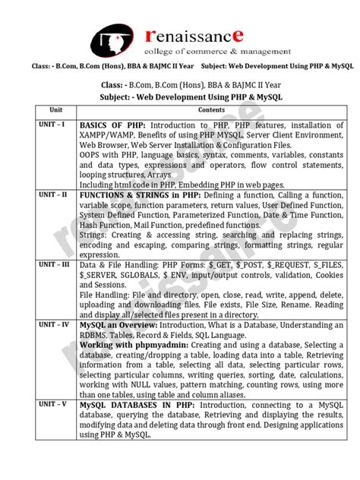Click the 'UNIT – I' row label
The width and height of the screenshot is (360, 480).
pos(47,125)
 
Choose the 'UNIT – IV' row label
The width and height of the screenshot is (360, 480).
pos(49,324)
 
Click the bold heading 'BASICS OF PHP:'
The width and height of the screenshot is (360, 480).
pos(113,125)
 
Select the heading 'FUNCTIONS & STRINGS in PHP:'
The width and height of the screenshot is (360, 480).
pos(134,195)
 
